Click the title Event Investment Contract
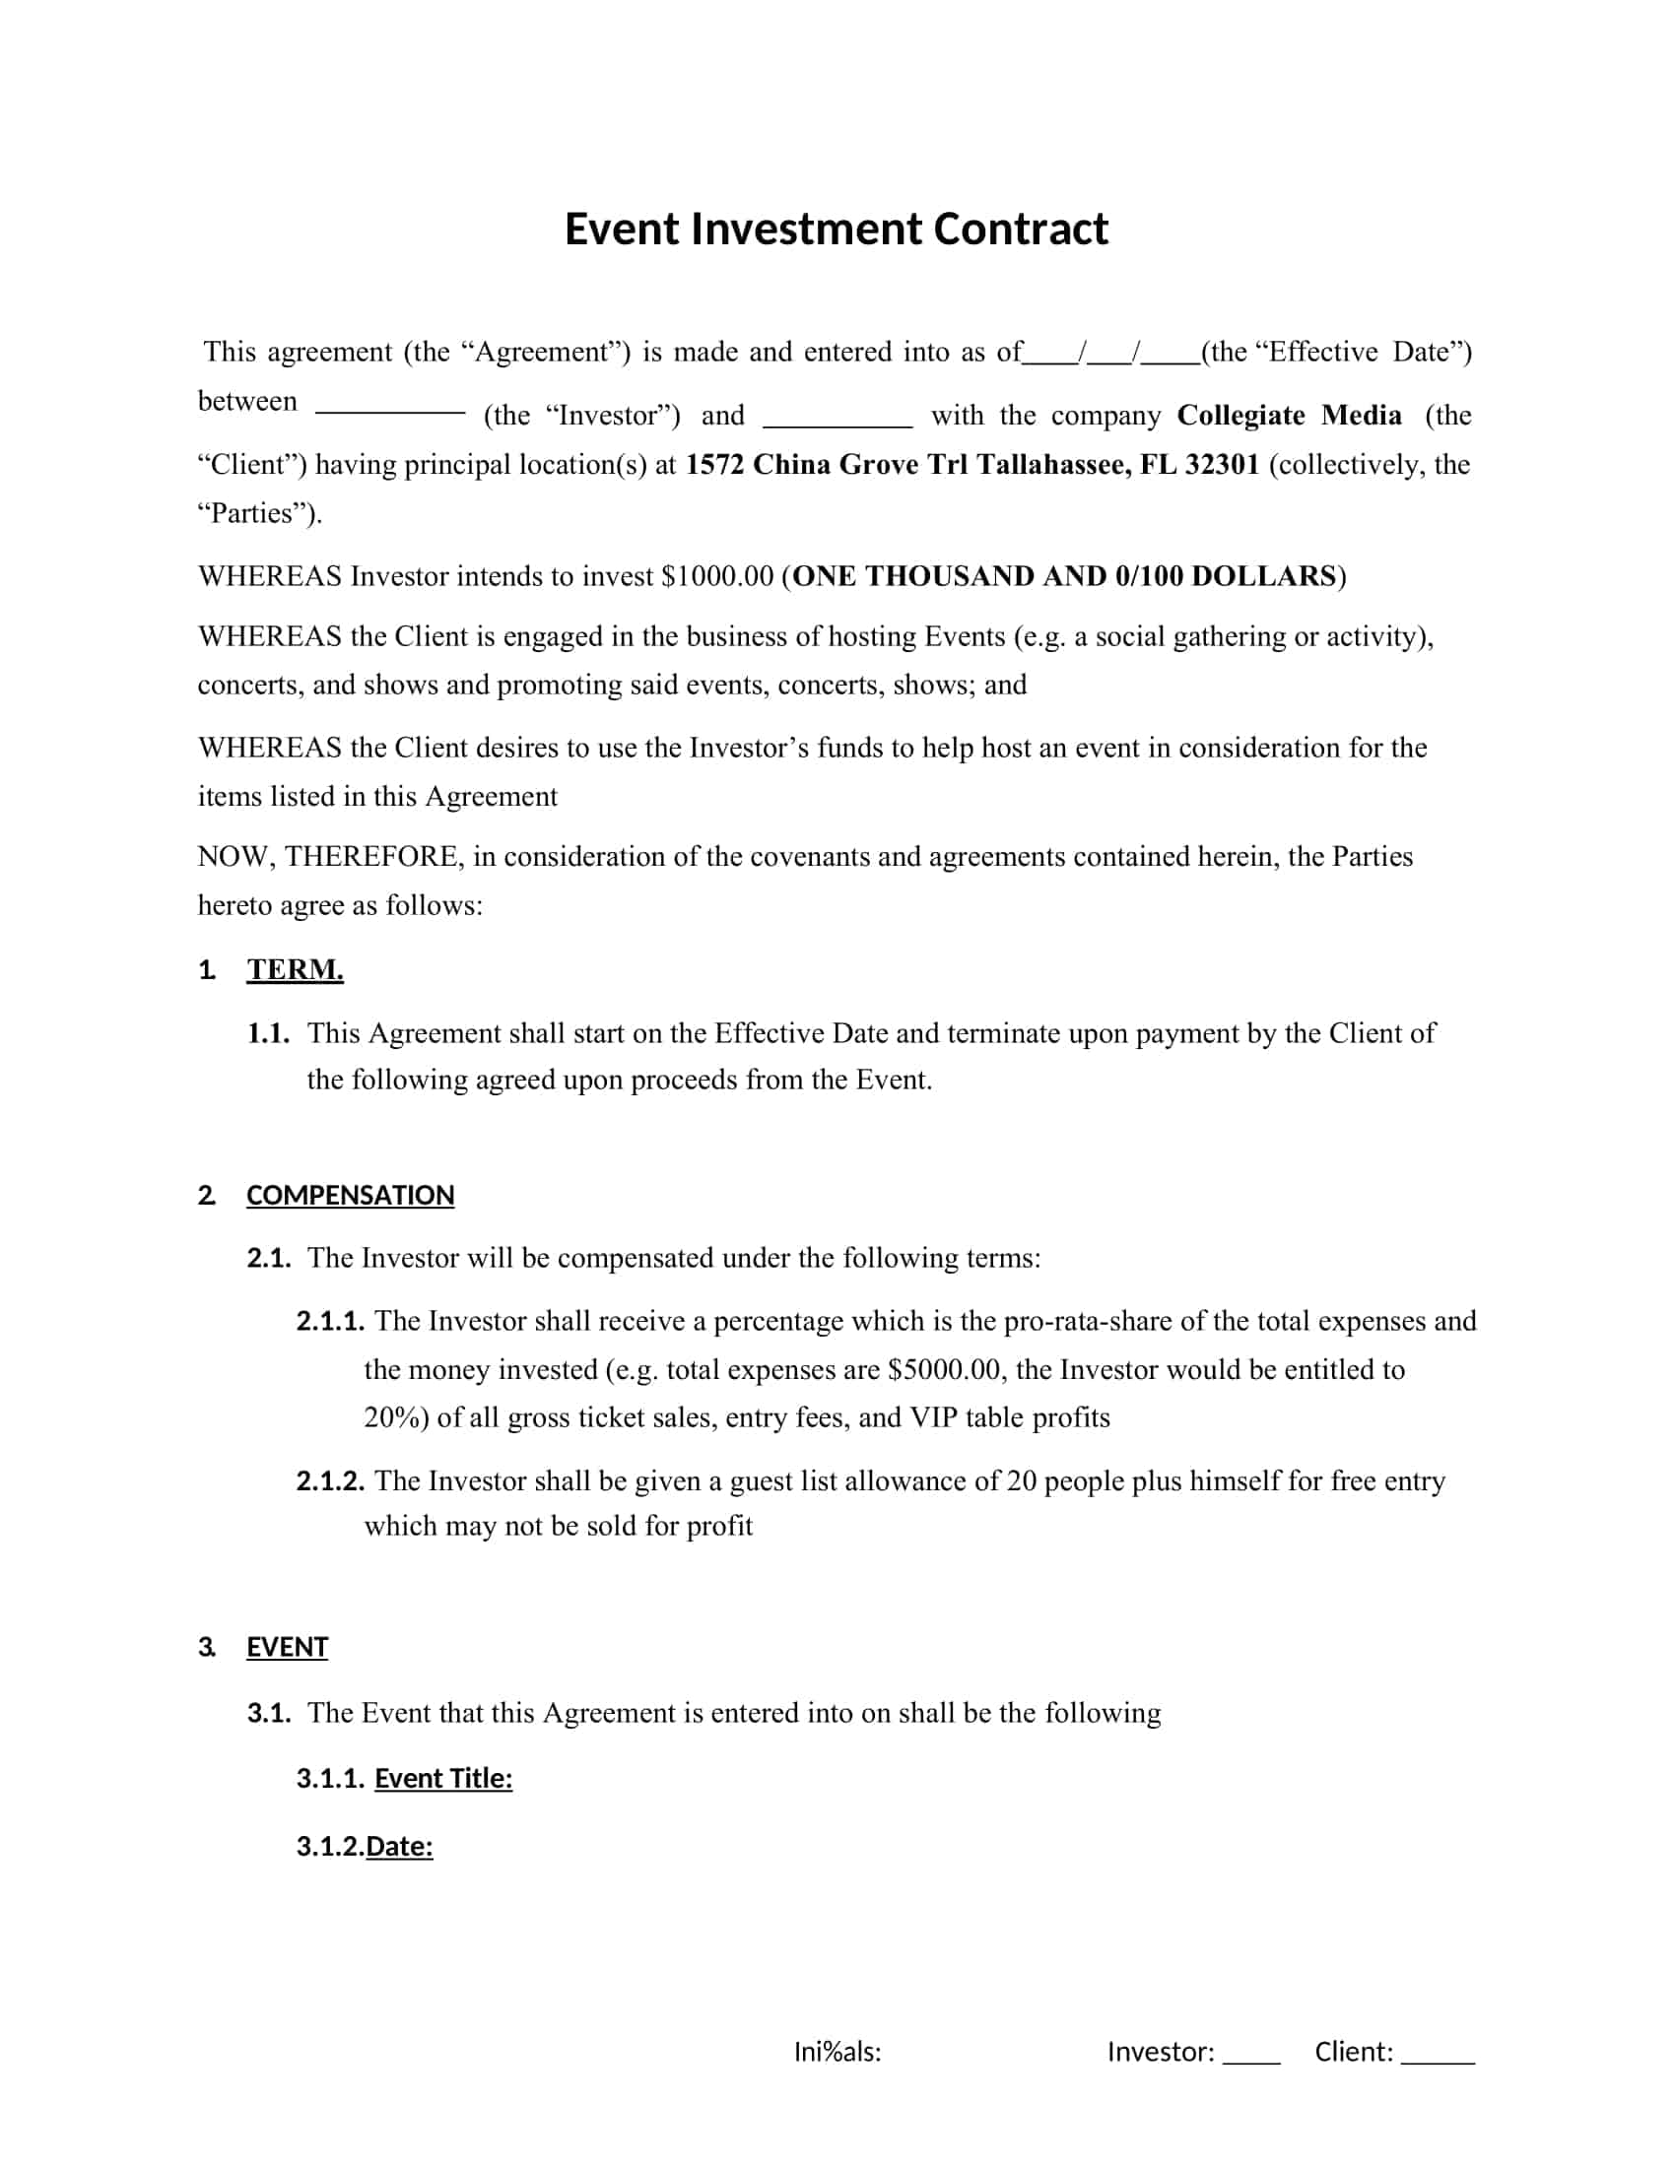[x=836, y=230]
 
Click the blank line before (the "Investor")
[x=390, y=411]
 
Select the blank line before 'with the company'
[x=837, y=424]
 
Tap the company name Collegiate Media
[x=1289, y=415]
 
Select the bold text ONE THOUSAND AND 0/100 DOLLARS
[x=1064, y=576]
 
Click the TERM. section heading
[x=295, y=969]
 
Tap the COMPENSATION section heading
[x=350, y=1195]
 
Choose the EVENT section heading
[x=287, y=1647]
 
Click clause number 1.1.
[x=268, y=1034]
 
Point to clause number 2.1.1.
[x=329, y=1322]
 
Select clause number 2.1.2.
[x=329, y=1481]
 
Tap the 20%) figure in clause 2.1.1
[x=396, y=1417]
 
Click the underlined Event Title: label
[x=442, y=1778]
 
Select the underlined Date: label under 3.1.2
[x=399, y=1847]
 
